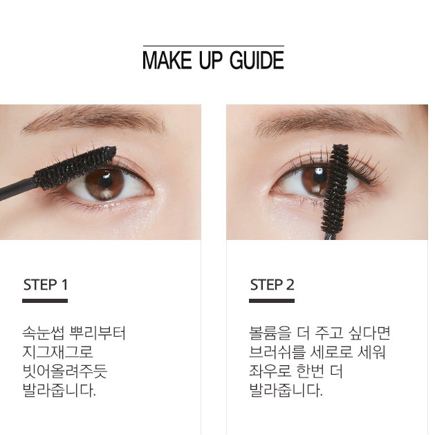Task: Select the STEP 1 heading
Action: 46,284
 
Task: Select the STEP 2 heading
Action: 272,284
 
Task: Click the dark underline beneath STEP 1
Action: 45,301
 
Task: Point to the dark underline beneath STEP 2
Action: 272,301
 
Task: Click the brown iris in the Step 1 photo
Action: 104,183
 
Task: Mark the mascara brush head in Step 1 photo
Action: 76,168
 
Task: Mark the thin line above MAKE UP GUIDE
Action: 213,46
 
